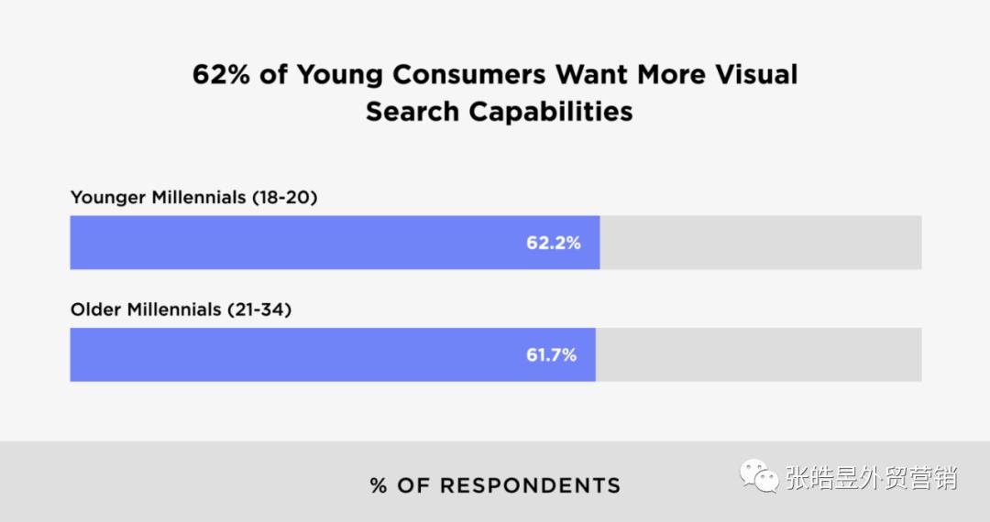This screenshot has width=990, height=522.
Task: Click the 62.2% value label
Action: coord(553,243)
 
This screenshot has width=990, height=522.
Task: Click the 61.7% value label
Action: coord(551,354)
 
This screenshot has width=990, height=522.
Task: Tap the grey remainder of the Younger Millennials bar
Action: coord(761,243)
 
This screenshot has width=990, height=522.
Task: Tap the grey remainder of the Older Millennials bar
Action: coord(759,354)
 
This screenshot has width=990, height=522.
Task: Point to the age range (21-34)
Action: coord(258,310)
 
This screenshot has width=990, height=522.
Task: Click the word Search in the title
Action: coord(413,112)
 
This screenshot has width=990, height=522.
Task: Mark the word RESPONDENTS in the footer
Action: coord(530,485)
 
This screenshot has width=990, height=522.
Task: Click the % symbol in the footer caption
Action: coord(379,485)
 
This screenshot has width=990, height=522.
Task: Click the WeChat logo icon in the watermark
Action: coord(760,477)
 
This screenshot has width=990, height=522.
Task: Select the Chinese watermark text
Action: coord(871,478)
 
